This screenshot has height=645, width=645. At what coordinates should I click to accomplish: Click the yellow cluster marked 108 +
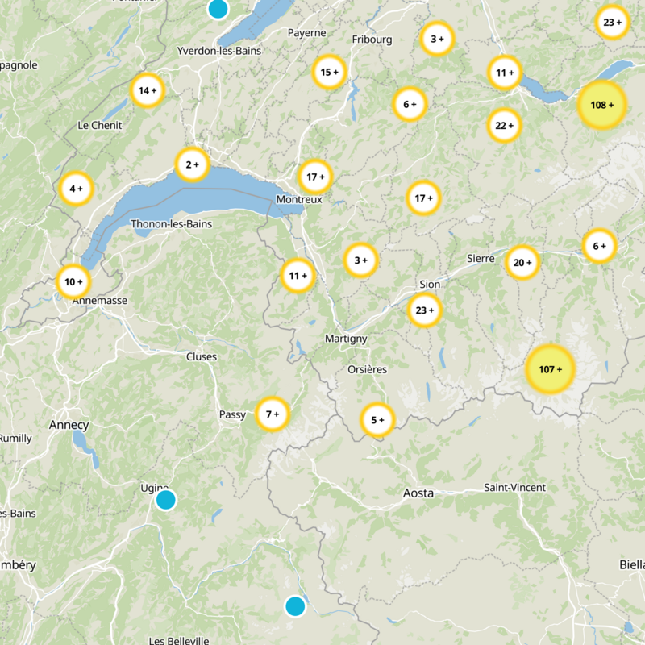click(x=602, y=105)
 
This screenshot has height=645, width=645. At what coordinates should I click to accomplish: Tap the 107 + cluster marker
click(x=550, y=369)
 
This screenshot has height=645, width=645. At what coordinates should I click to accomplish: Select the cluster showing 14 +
click(x=147, y=90)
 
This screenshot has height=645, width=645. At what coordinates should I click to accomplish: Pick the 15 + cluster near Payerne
click(x=329, y=72)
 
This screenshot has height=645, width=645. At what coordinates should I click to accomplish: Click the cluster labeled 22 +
click(x=505, y=125)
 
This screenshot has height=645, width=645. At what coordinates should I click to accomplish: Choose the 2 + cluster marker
click(x=192, y=165)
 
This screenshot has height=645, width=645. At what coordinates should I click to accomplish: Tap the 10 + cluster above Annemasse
click(x=73, y=282)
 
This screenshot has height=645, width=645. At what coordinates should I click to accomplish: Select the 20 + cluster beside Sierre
click(x=522, y=262)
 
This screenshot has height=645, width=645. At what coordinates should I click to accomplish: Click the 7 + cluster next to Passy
click(x=273, y=414)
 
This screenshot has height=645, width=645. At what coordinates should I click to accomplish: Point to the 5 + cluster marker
click(x=377, y=420)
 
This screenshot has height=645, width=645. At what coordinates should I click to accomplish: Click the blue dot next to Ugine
click(x=165, y=500)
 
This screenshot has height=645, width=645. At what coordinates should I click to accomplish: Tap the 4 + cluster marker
click(x=76, y=189)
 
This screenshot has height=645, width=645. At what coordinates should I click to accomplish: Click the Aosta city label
click(x=418, y=493)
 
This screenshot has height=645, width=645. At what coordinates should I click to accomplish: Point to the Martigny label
click(x=346, y=339)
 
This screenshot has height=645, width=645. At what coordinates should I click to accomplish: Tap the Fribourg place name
click(x=372, y=39)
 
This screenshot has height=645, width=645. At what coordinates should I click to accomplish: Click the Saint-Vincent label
click(x=514, y=487)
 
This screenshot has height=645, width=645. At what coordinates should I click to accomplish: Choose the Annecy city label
click(x=69, y=425)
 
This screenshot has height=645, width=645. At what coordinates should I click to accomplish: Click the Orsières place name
click(x=366, y=369)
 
